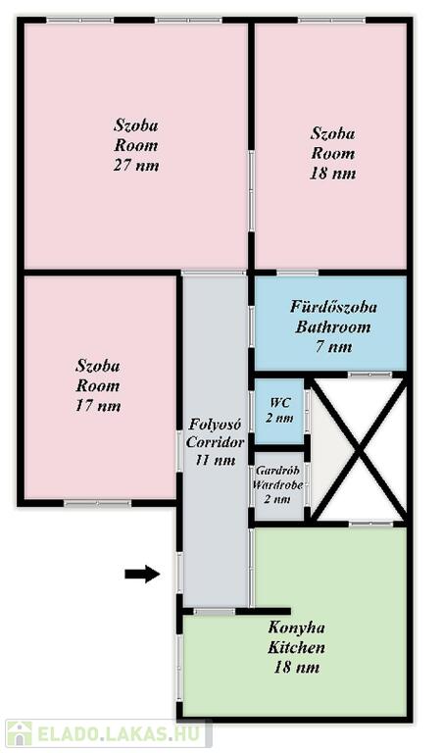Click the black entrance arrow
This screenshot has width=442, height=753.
(142, 574)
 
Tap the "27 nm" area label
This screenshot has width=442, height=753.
(136, 165)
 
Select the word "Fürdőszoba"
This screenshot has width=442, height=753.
(333, 307)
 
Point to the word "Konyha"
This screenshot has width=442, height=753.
(297, 627)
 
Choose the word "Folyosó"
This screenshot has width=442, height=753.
(215, 425)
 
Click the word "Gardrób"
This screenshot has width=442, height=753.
(278, 471)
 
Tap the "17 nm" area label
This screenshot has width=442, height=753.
(98, 406)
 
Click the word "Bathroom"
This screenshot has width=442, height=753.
(333, 327)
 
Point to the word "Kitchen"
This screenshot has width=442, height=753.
(297, 647)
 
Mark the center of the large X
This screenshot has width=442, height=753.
(358, 450)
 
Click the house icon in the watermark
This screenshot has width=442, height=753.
(20, 733)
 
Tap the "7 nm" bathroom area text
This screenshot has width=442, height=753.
(334, 347)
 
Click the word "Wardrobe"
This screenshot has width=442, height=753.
(278, 484)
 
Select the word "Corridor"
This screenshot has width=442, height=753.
(215, 442)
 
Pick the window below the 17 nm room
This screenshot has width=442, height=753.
(97, 503)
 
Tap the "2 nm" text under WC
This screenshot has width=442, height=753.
(279, 418)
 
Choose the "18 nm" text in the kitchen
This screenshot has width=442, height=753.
(297, 668)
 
